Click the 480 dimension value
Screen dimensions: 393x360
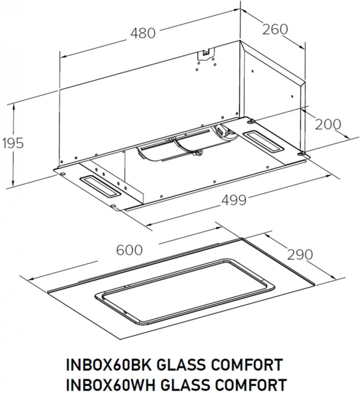142,33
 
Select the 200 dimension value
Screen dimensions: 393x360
328,124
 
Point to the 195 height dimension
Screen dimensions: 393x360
12,143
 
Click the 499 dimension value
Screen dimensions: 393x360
233,200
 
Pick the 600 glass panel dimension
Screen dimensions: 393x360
130,250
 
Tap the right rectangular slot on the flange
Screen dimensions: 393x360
264,140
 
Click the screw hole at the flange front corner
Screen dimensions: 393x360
113,206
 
